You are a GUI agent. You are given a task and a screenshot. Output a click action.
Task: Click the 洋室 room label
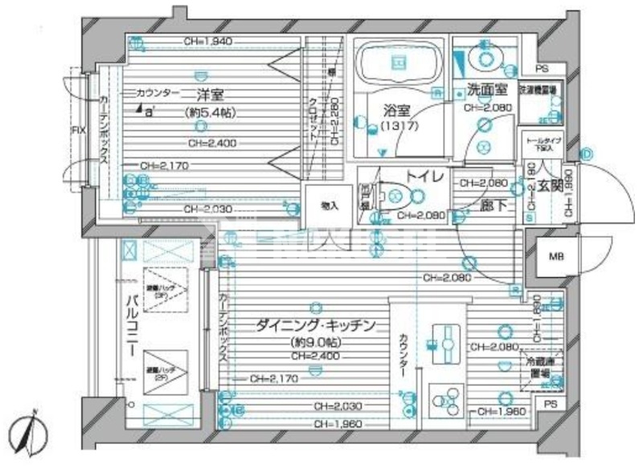coord(210,95)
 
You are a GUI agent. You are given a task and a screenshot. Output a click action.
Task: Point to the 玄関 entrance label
coord(549,187)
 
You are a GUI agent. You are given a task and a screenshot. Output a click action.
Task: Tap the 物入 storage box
coord(330,206)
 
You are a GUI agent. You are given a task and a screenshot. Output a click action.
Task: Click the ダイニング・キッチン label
coord(316,326)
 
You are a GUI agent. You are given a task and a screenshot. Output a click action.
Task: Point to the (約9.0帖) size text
coord(315,341)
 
